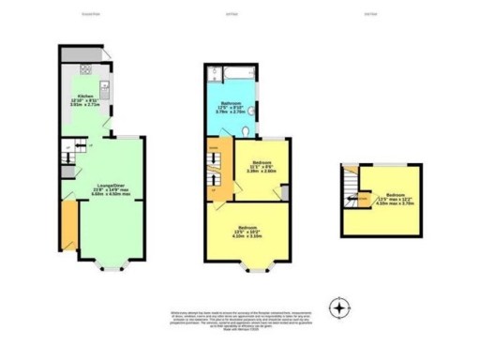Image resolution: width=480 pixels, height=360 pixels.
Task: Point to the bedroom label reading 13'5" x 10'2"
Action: point(248,232)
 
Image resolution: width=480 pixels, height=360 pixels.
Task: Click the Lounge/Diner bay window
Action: point(110,264)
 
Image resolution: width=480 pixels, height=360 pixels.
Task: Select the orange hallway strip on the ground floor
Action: point(67,225)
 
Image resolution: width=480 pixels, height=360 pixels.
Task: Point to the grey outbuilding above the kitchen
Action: point(80,54)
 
